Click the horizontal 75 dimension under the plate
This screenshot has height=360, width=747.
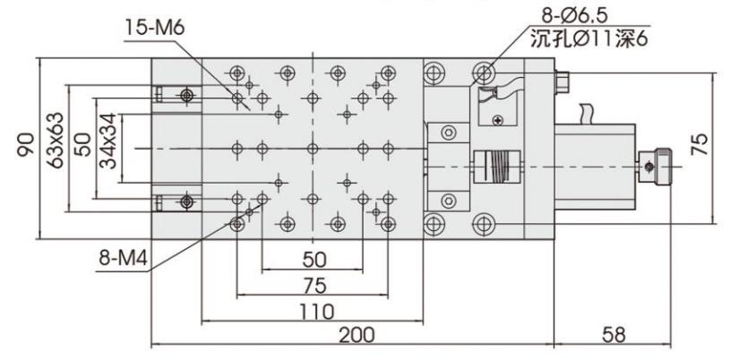click(312, 286)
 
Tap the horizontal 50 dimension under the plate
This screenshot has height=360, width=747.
click(312, 261)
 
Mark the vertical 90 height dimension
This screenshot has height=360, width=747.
click(28, 143)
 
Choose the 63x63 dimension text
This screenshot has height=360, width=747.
click(56, 143)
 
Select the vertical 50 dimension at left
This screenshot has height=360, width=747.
click(81, 143)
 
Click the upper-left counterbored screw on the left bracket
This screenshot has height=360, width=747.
click(185, 94)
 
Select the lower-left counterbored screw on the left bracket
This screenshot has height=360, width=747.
click(185, 201)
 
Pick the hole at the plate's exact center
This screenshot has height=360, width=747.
click(312, 148)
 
